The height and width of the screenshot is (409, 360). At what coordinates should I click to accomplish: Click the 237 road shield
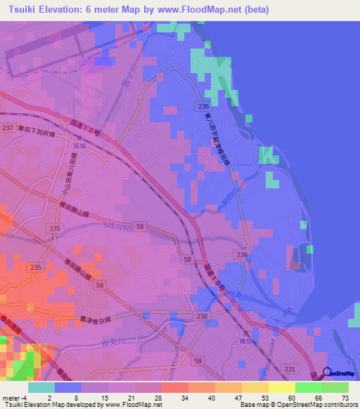click(x=8, y=127)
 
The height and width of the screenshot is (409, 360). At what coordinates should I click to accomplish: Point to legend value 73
click(x=345, y=397)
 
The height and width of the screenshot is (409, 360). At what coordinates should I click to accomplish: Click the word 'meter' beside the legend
click(x=11, y=397)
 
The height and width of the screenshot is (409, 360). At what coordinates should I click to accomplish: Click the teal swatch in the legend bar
click(x=41, y=387)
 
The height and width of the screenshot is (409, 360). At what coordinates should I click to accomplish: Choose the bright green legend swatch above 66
click(x=308, y=387)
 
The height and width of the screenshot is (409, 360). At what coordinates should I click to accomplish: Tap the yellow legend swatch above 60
click(x=281, y=387)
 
